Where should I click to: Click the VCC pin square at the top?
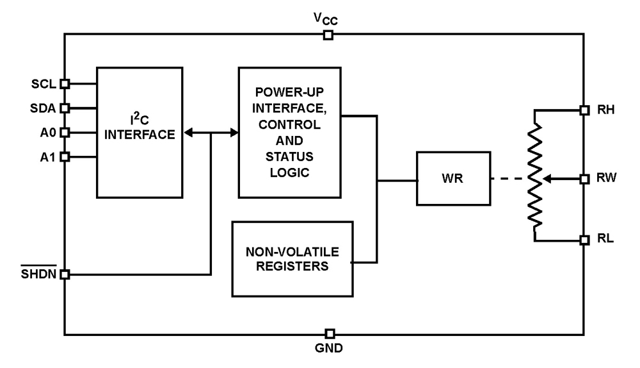pyautogui.click(x=328, y=35)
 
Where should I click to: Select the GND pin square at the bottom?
pyautogui.click(x=330, y=333)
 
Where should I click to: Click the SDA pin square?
pyautogui.click(x=64, y=108)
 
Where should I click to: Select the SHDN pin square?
pyautogui.click(x=64, y=274)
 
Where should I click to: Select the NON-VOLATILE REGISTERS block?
pyautogui.click(x=292, y=258)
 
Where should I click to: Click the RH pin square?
pyautogui.click(x=584, y=110)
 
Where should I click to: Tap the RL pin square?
pyautogui.click(x=584, y=240)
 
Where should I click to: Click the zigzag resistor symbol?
pyautogui.click(x=534, y=174)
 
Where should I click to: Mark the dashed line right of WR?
pyautogui.click(x=509, y=179)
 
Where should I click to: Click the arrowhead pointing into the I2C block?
pyautogui.click(x=188, y=133)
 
